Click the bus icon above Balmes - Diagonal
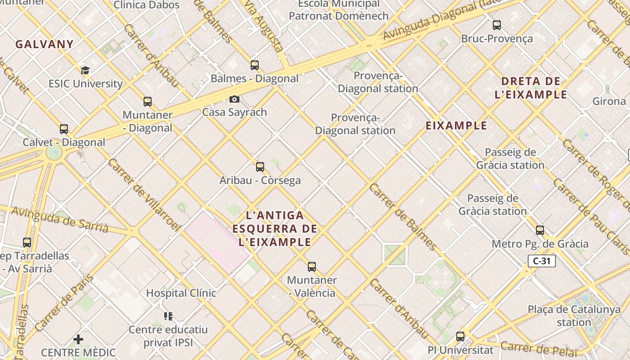255,65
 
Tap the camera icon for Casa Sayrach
234,99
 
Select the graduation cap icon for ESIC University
85,70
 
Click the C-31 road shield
542,261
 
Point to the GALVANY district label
44,44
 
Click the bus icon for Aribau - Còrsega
260,167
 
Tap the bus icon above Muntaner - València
312,267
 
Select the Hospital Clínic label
181,293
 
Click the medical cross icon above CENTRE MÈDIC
78,339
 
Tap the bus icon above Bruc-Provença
497,25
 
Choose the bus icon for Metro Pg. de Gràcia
540,230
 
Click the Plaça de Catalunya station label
574,315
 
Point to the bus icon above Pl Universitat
460,336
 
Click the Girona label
609,101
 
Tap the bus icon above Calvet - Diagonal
64,129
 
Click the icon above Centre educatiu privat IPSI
168,316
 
